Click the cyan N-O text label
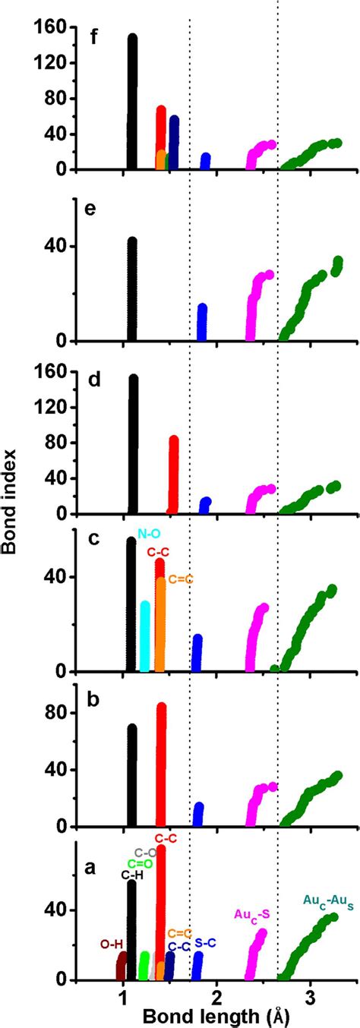click(x=147, y=534)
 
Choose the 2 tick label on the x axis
click(x=216, y=995)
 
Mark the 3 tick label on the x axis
click(x=311, y=995)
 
